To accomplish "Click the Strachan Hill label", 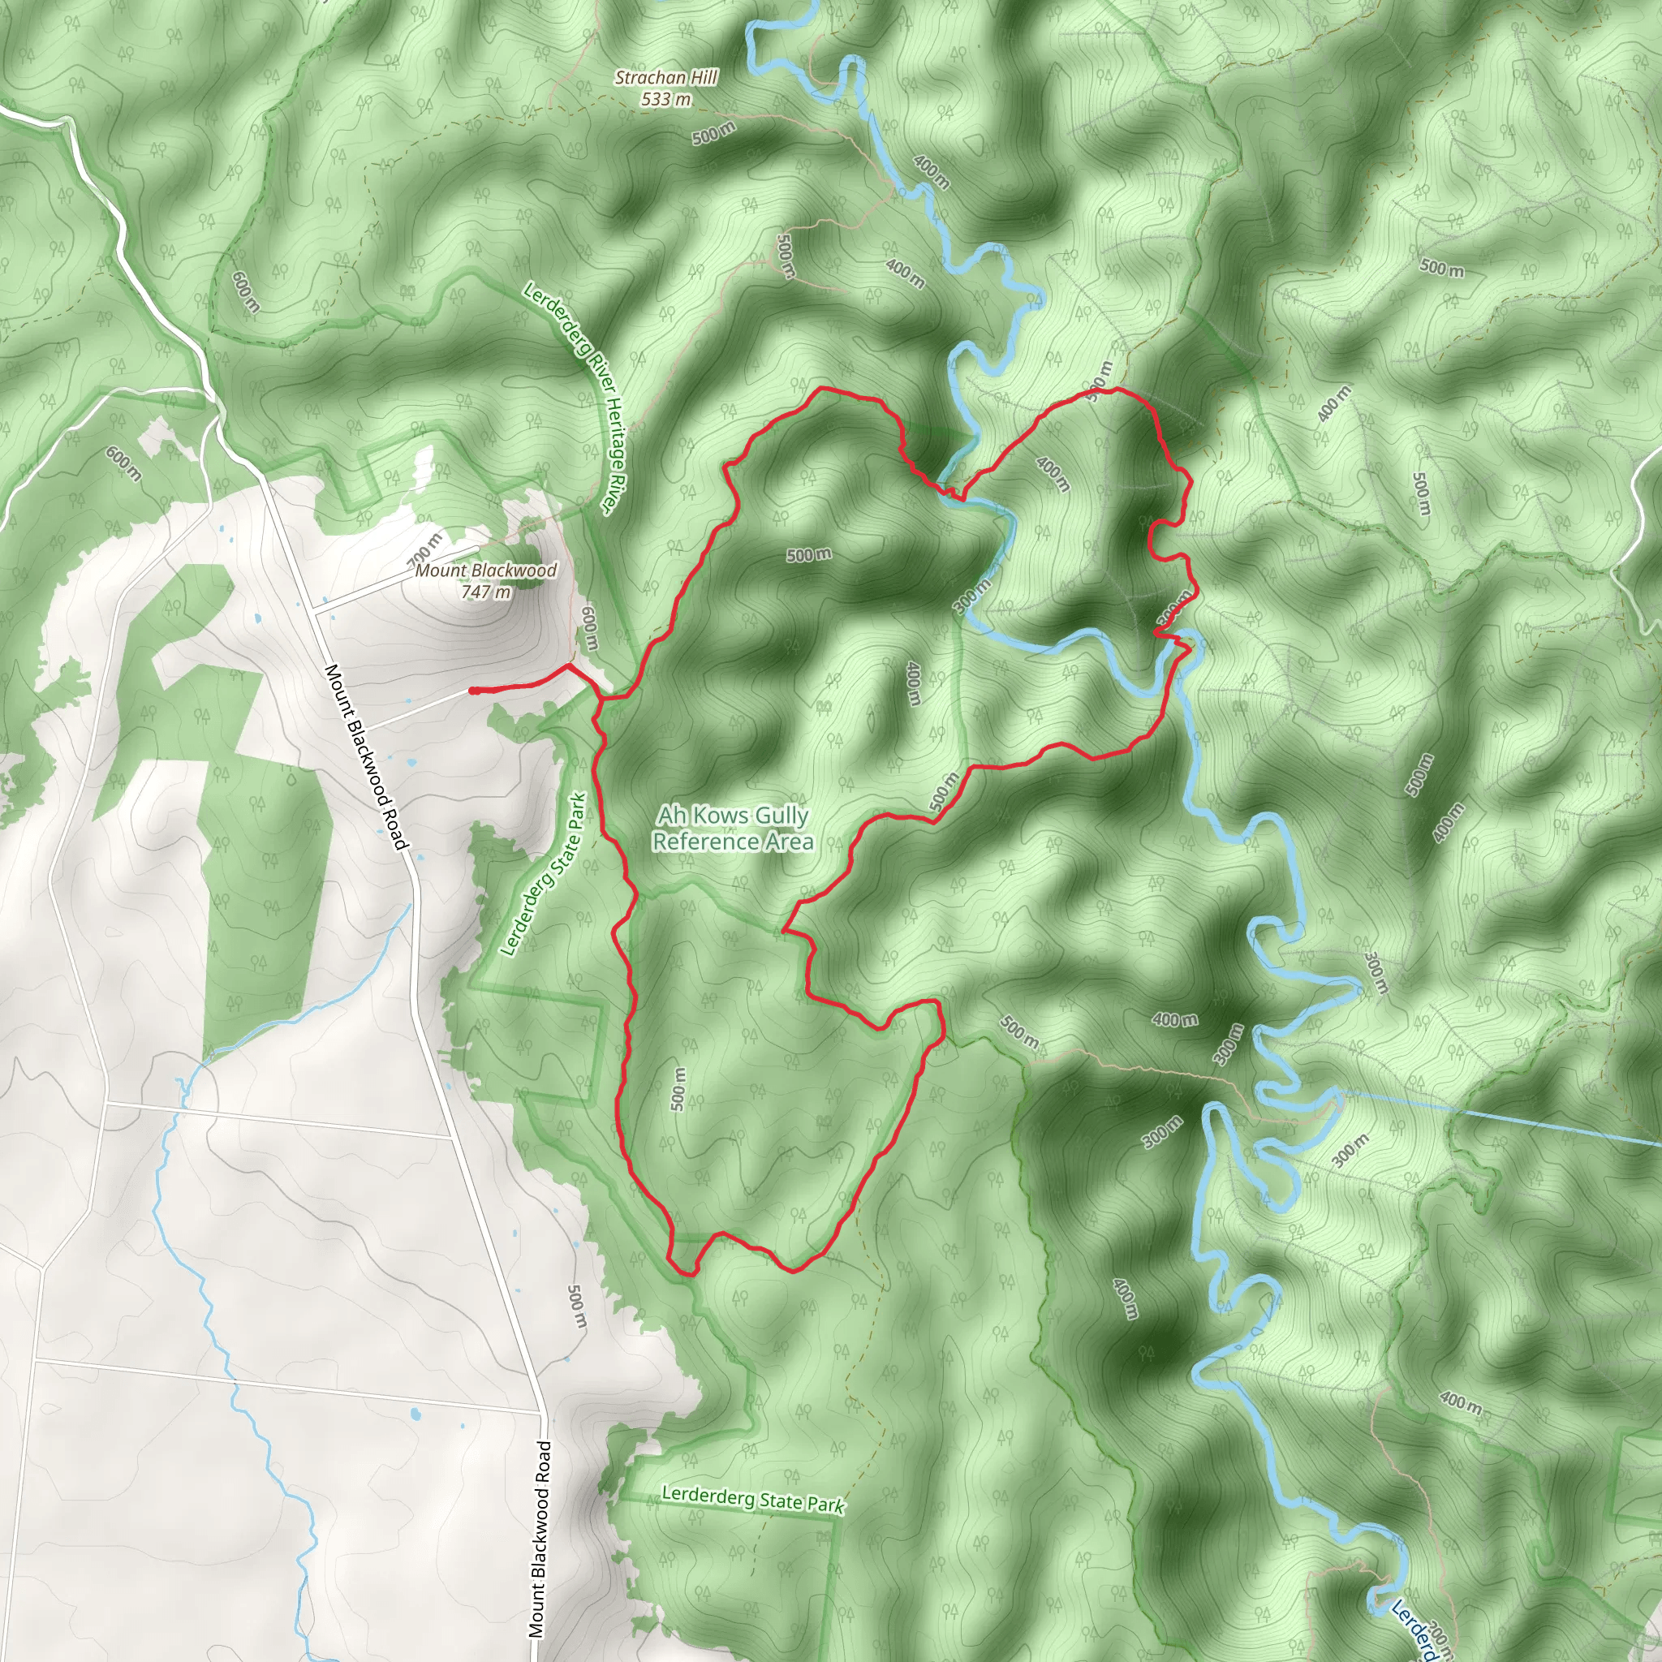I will coord(665,77).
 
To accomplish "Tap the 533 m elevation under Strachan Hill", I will coord(665,99).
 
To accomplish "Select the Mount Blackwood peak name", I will coord(486,571).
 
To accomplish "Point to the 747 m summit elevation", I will coord(485,591).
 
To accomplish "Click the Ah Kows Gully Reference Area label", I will coord(733,828).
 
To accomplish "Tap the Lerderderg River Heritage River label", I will coord(576,401).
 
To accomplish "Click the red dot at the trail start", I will coord(473,691).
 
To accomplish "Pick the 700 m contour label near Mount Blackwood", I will coord(424,548).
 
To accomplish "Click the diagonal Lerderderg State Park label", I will coord(544,874).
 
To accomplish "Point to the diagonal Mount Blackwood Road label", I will coord(367,757).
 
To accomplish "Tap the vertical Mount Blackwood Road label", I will coord(540,1539).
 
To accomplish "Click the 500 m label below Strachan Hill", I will coord(713,133).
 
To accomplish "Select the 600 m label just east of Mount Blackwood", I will coord(590,628).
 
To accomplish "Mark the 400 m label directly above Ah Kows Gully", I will coord(914,683).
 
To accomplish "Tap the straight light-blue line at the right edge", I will coord(1505,1117).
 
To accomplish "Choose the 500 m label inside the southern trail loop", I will coord(678,1088).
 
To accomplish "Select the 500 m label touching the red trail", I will coord(944,791).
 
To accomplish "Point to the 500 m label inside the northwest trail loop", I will coord(808,555).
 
